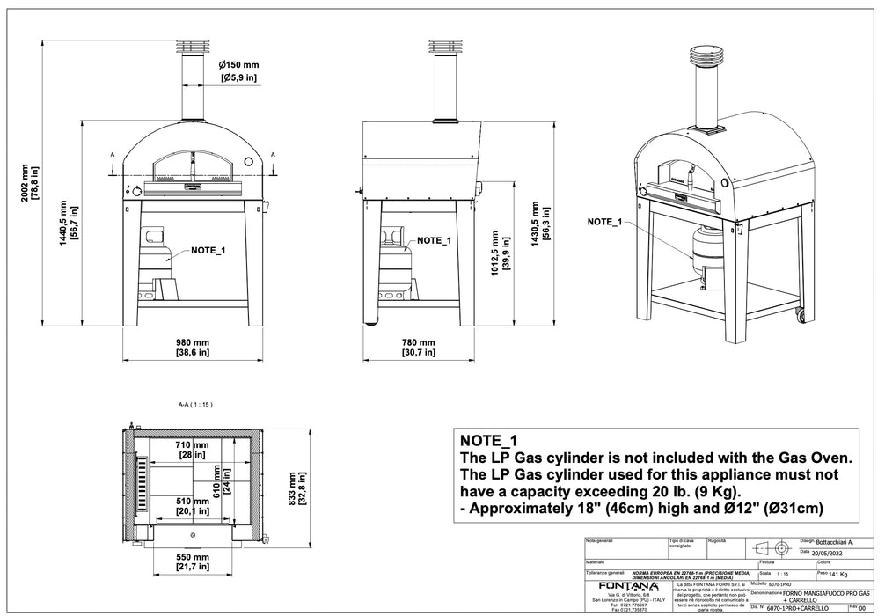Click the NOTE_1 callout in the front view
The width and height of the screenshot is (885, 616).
(208, 251)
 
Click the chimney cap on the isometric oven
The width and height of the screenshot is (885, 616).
(702, 55)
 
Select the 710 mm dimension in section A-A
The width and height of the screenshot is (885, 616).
(191, 446)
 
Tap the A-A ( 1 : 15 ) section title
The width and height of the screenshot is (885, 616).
(195, 405)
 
